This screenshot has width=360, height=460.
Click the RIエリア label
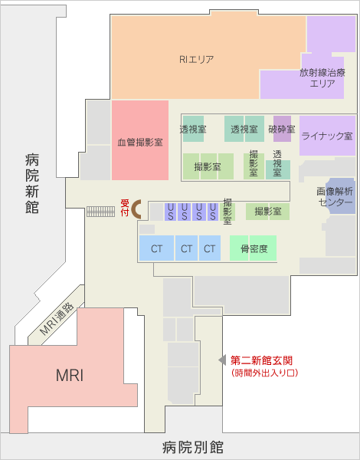click(x=196, y=60)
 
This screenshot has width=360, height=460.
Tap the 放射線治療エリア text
click(x=322, y=77)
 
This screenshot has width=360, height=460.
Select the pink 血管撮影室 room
click(x=140, y=140)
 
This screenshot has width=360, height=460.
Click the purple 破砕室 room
click(x=283, y=129)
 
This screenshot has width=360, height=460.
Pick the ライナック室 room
click(x=328, y=136)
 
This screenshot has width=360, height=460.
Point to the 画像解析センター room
click(x=340, y=195)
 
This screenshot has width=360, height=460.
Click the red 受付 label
click(x=125, y=208)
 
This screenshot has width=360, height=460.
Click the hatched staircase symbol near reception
click(x=100, y=212)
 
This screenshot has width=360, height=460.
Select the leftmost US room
click(x=171, y=212)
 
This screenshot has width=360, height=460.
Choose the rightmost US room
click(x=213, y=212)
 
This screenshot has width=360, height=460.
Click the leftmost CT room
click(x=156, y=248)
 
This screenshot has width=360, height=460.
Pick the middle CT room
click(x=186, y=248)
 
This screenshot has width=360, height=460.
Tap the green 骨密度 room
click(x=253, y=248)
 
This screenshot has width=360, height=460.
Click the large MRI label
click(x=70, y=375)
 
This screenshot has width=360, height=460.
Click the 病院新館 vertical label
click(x=32, y=184)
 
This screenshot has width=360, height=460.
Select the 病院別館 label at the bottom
click(x=193, y=448)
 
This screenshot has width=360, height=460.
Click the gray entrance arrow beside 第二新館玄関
click(x=222, y=360)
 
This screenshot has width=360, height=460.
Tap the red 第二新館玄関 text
click(x=261, y=360)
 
